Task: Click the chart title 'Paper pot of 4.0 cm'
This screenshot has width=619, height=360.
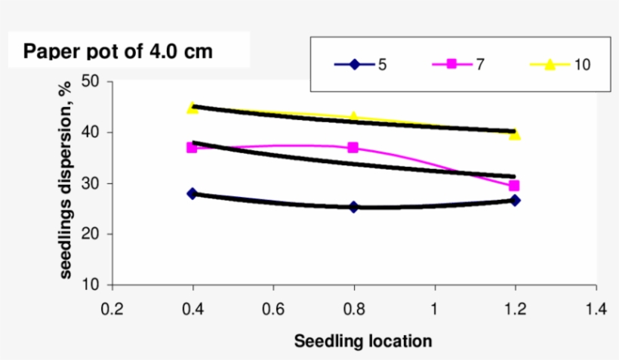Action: click(118, 52)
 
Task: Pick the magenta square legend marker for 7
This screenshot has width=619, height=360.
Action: click(451, 64)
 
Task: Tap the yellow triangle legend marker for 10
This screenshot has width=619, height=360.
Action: click(550, 64)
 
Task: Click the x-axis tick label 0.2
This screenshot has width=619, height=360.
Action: click(112, 309)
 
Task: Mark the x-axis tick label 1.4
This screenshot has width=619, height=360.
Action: click(596, 309)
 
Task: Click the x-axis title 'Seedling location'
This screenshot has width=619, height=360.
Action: click(363, 341)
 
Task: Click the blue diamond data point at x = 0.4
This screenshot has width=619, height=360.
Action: click(192, 194)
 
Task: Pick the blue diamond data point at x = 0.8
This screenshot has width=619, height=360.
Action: click(353, 207)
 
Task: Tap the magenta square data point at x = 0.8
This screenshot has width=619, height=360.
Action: click(353, 148)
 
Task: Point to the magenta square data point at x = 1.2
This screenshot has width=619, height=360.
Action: click(514, 186)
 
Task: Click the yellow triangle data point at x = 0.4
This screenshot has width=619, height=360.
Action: click(192, 108)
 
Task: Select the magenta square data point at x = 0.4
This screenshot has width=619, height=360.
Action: click(192, 148)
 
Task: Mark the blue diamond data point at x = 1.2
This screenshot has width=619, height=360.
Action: click(515, 200)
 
